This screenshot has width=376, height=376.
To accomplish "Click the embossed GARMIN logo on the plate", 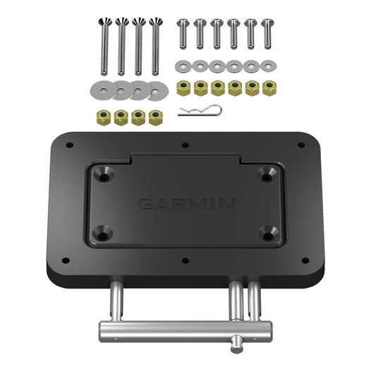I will (186, 205).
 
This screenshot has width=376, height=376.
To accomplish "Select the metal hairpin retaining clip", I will (200, 111).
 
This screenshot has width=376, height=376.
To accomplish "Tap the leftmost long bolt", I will (103, 47).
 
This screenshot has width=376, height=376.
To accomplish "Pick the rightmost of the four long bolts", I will (154, 47).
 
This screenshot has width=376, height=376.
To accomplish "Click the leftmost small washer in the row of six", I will (182, 66).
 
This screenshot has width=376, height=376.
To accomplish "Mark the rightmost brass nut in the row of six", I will (268, 87).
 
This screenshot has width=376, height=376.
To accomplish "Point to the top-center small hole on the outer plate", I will (185, 145).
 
